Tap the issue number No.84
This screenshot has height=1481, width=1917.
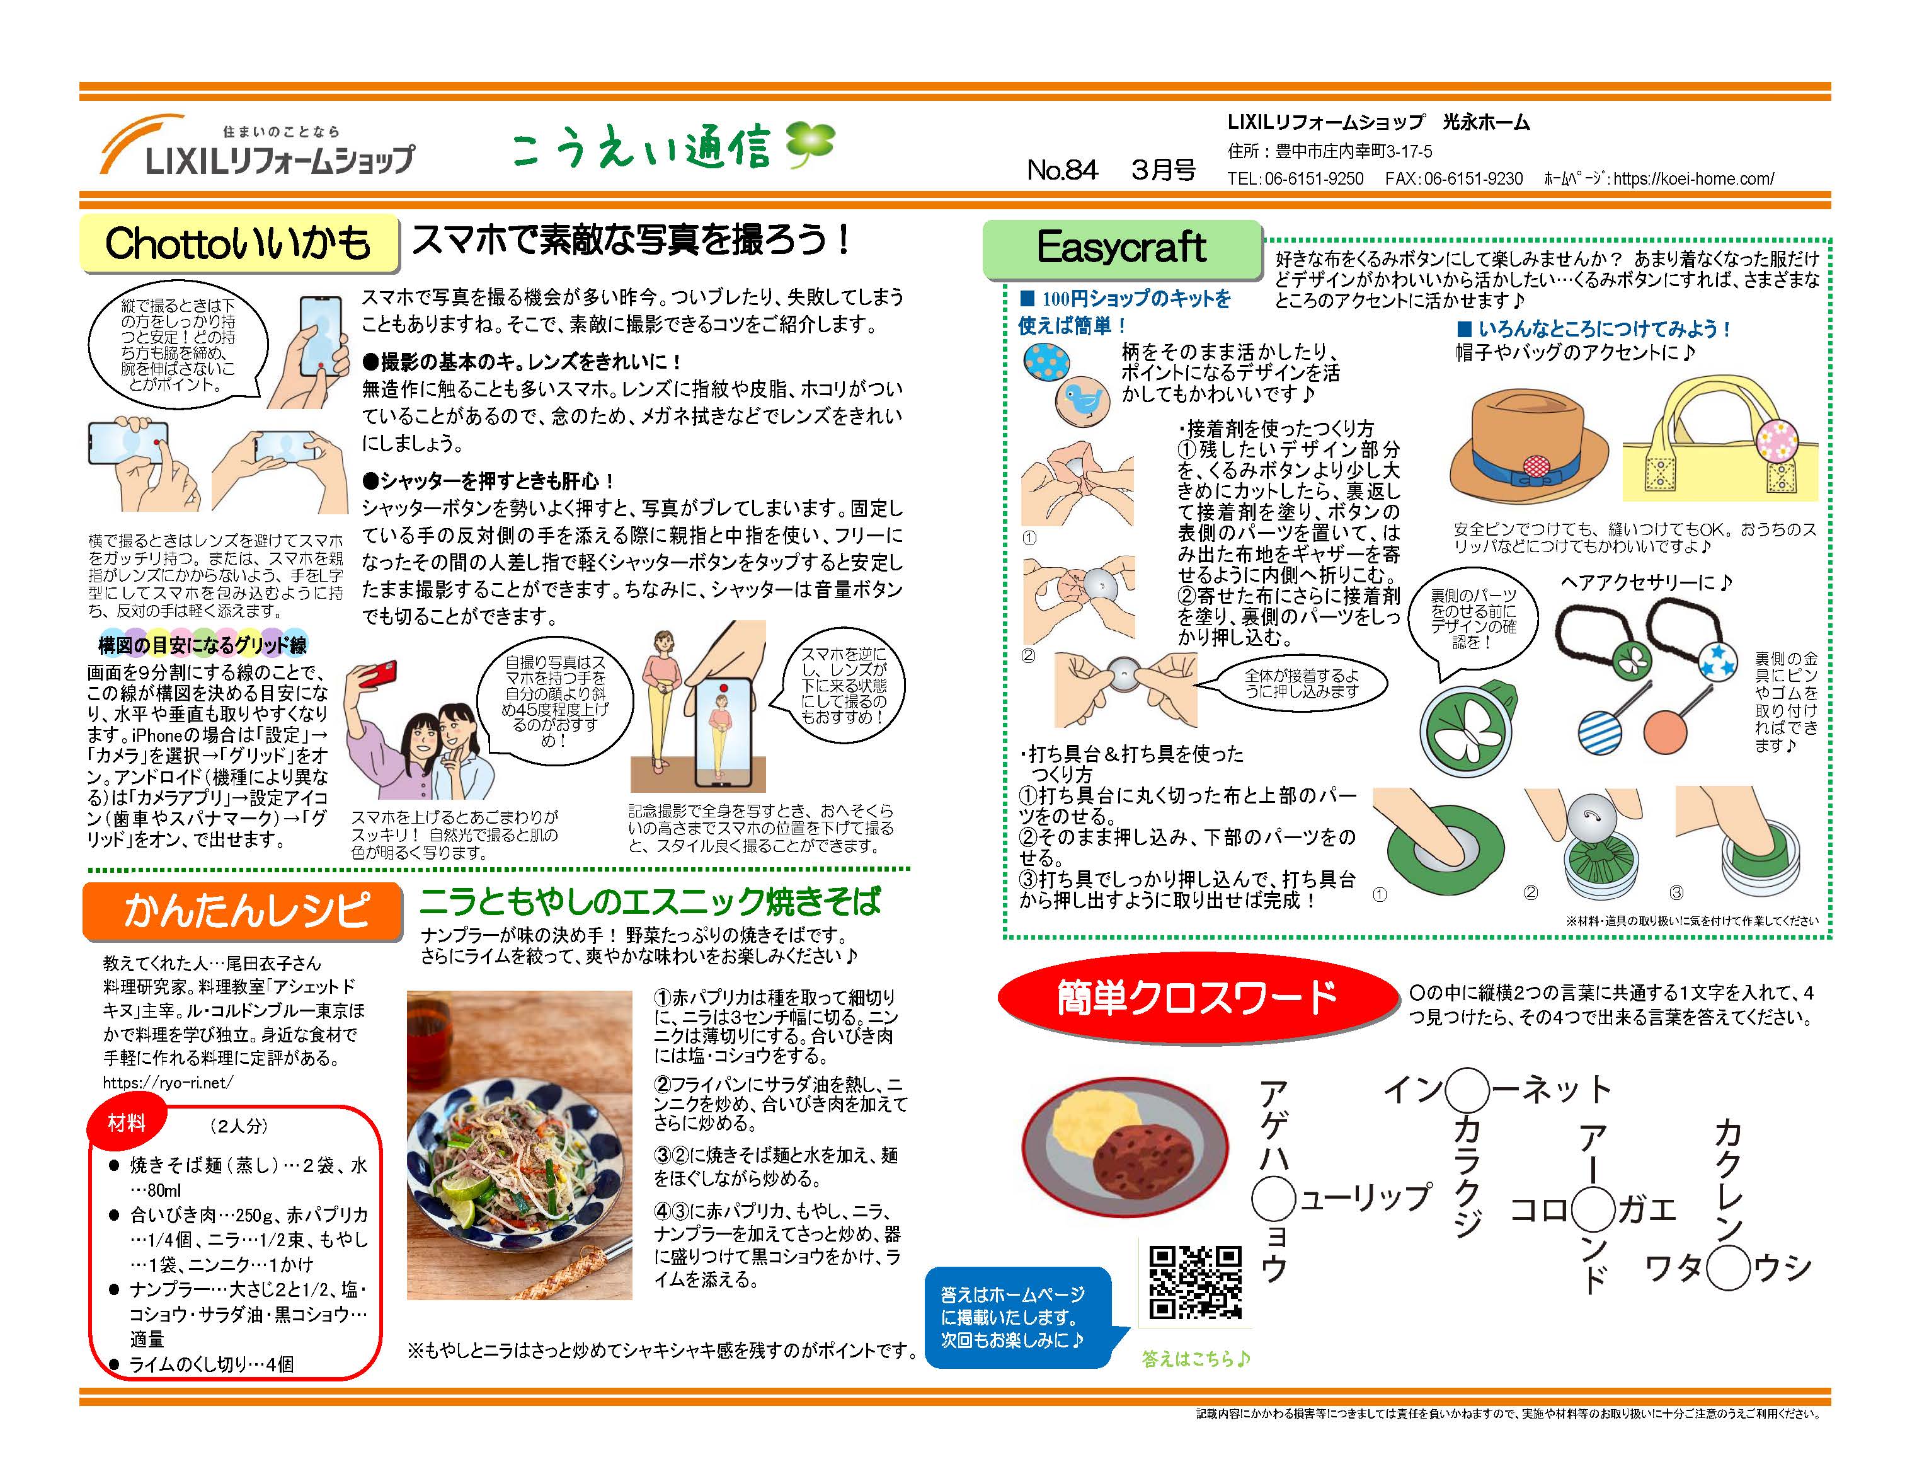coord(1062,170)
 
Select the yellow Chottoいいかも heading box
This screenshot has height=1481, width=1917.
coord(239,243)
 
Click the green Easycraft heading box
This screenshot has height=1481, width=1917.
coord(1122,248)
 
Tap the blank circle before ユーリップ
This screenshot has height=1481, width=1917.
coord(1274,1198)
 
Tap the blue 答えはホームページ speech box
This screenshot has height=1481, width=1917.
coord(1018,1318)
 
